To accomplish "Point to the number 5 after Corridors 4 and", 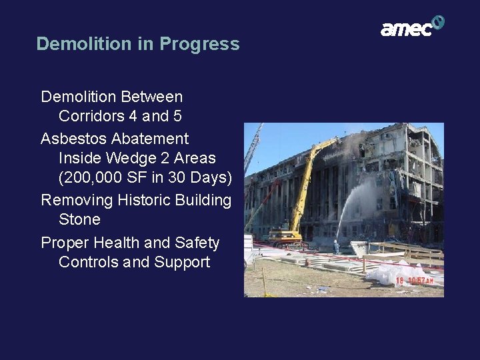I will point(177,116).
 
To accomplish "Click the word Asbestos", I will point(67,139).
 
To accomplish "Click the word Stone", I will point(79,219).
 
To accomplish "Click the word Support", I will point(182,262).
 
